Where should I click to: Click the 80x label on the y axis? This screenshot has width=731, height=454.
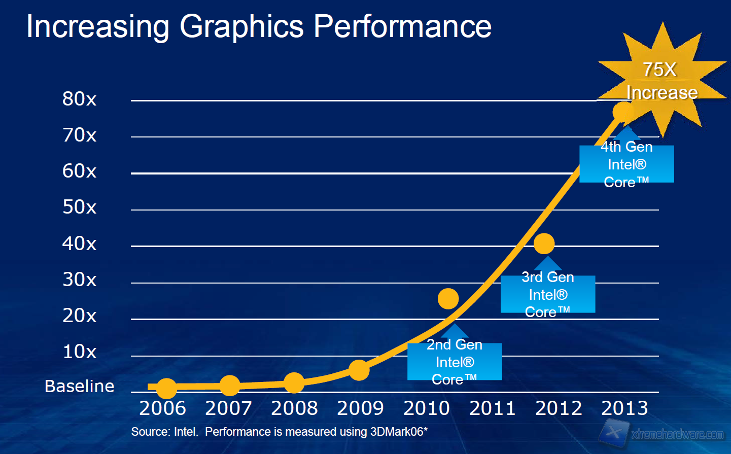(x=79, y=99)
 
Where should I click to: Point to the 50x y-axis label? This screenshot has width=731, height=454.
(x=79, y=207)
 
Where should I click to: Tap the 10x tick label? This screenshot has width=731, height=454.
(x=79, y=352)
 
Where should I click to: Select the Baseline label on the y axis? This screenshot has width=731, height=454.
(x=79, y=387)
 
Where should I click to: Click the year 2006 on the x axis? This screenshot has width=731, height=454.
(x=162, y=408)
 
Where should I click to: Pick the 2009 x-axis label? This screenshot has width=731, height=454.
(x=360, y=408)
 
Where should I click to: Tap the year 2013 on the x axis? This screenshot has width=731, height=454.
(x=624, y=408)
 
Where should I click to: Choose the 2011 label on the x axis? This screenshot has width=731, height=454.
(x=492, y=408)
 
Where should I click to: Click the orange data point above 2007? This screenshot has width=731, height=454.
(x=229, y=386)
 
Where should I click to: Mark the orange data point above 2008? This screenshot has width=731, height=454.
(x=294, y=383)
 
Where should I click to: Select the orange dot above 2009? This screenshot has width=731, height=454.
(x=359, y=370)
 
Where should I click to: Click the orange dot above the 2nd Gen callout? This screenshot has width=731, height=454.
(x=448, y=299)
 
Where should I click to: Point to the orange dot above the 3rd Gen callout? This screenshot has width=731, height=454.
(x=544, y=244)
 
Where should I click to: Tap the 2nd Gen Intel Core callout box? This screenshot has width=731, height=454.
(x=455, y=362)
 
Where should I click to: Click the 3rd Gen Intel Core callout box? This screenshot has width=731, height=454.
(x=548, y=294)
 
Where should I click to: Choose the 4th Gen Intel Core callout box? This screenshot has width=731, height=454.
(x=626, y=164)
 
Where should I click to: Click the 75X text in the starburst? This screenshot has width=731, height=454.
(x=659, y=69)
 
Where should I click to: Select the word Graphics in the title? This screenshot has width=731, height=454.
(x=241, y=26)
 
